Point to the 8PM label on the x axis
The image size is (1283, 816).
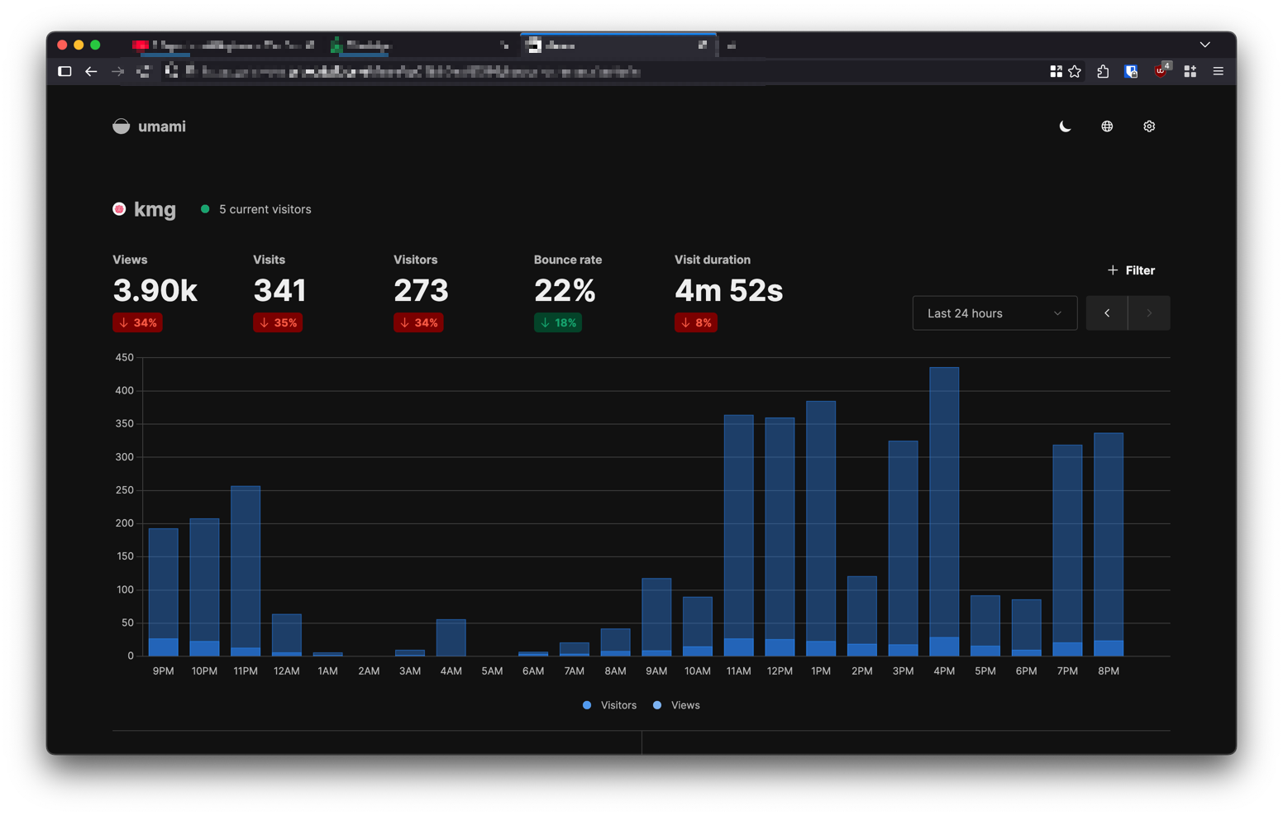tap(1108, 671)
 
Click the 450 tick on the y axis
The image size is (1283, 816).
tap(124, 358)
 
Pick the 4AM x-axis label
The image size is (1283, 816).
tap(451, 671)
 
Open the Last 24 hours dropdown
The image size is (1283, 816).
tap(994, 313)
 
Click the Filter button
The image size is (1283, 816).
tap(1131, 270)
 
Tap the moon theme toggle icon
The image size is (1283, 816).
tap(1065, 126)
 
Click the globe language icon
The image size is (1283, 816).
tap(1107, 126)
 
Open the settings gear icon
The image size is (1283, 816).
tap(1149, 126)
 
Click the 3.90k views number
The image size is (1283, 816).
tap(155, 291)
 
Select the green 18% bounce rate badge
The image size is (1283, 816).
tap(558, 322)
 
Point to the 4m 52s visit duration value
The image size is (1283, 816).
tap(728, 291)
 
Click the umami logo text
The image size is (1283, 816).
tap(161, 126)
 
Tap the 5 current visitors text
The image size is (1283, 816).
tap(265, 209)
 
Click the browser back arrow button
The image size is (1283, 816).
tap(91, 72)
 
